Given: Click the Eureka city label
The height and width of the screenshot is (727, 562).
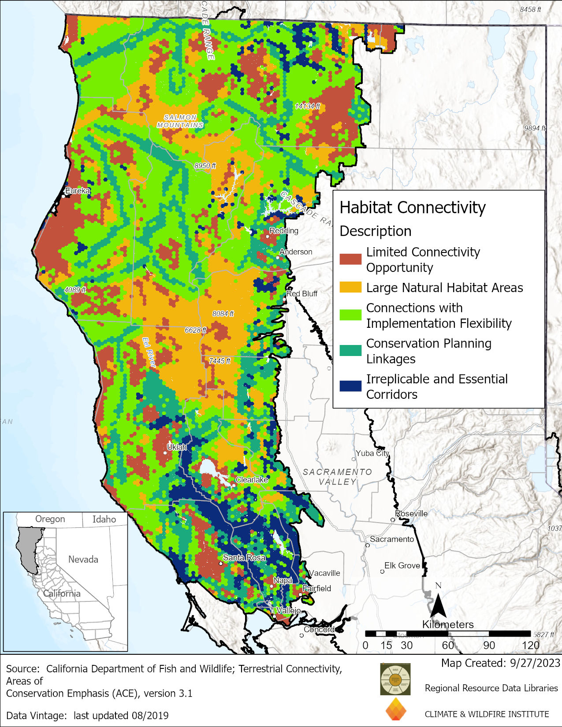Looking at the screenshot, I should click(x=78, y=191).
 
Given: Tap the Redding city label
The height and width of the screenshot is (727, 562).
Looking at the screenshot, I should click(x=284, y=230).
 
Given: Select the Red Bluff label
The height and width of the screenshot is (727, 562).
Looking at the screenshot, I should click(x=302, y=293).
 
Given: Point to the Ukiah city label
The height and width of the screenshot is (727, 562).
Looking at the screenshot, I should click(x=177, y=447).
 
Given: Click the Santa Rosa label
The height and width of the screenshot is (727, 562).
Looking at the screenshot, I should click(x=244, y=557).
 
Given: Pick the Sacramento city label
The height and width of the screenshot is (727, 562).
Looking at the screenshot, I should click(x=392, y=539).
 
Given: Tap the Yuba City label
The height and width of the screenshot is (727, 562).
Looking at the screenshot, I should click(x=372, y=453).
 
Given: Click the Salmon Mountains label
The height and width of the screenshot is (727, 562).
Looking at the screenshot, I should click(x=180, y=121).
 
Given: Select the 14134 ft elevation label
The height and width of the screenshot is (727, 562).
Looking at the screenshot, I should click(x=307, y=106).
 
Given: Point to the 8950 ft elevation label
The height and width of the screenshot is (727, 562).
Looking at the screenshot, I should click(x=205, y=166).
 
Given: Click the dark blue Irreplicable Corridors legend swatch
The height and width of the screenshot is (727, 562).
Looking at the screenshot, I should click(x=350, y=386).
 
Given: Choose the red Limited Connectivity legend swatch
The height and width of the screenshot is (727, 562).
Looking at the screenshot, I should click(x=350, y=259).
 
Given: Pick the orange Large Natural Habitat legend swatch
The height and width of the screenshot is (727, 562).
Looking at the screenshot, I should click(x=350, y=287).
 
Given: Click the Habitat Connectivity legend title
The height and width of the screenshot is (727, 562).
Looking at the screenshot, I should click(x=412, y=208).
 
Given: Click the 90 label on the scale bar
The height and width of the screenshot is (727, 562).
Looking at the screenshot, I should click(x=489, y=645).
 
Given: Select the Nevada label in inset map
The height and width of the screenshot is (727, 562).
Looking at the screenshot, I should click(x=83, y=560).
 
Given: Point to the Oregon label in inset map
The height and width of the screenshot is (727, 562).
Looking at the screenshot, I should click(x=50, y=519).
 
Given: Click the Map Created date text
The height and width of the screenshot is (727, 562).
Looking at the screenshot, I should click(x=500, y=663).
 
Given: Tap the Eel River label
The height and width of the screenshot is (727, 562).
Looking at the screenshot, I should click(x=149, y=352).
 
